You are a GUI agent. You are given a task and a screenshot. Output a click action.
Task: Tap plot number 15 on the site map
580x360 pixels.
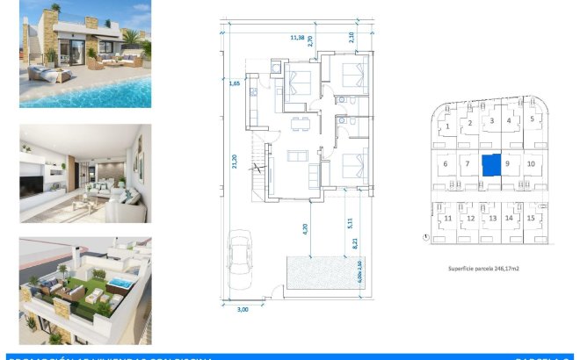click(x=530, y=218)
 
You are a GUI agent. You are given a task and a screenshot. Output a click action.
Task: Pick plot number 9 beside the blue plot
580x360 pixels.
click(x=509, y=162)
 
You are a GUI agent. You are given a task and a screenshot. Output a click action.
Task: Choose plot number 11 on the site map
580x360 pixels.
click(x=448, y=218)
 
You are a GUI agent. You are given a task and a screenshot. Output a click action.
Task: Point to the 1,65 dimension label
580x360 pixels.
click(x=235, y=83)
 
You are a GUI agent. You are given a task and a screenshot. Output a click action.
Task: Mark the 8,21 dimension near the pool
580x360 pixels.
click(x=353, y=248)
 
